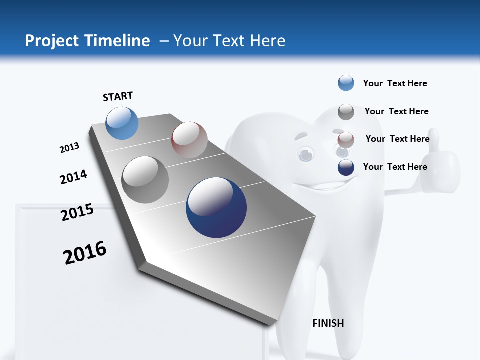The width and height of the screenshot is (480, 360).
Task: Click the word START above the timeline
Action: (118, 96)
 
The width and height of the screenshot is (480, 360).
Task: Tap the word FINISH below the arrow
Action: (328, 323)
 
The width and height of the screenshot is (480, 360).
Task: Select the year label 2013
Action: (70, 148)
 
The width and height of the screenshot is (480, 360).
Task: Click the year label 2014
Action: (73, 177)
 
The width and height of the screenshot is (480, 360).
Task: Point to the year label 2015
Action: (77, 212)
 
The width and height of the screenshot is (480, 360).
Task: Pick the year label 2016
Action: (85, 253)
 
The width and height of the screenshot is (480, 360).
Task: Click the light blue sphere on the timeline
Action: (122, 123)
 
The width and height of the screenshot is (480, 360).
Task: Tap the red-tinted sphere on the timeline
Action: (189, 140)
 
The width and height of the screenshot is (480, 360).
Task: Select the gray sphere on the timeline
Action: (145, 180)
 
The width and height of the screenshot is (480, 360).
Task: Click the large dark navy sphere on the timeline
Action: (216, 207)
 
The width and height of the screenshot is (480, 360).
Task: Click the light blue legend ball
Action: (346, 83)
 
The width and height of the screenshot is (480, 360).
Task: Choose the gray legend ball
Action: (346, 112)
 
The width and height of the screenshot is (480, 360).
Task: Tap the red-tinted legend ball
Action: (346, 140)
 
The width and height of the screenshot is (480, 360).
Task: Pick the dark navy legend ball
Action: (346, 167)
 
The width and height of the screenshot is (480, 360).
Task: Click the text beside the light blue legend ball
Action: (395, 83)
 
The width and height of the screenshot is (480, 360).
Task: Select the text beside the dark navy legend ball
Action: (395, 167)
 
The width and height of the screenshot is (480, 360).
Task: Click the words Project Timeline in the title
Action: (87, 41)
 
